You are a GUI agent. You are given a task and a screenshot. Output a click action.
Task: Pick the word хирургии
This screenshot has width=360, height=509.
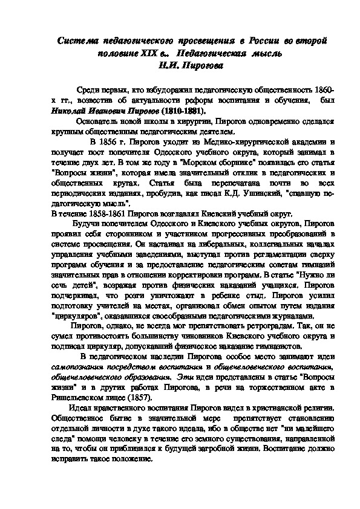coord(232,122)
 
